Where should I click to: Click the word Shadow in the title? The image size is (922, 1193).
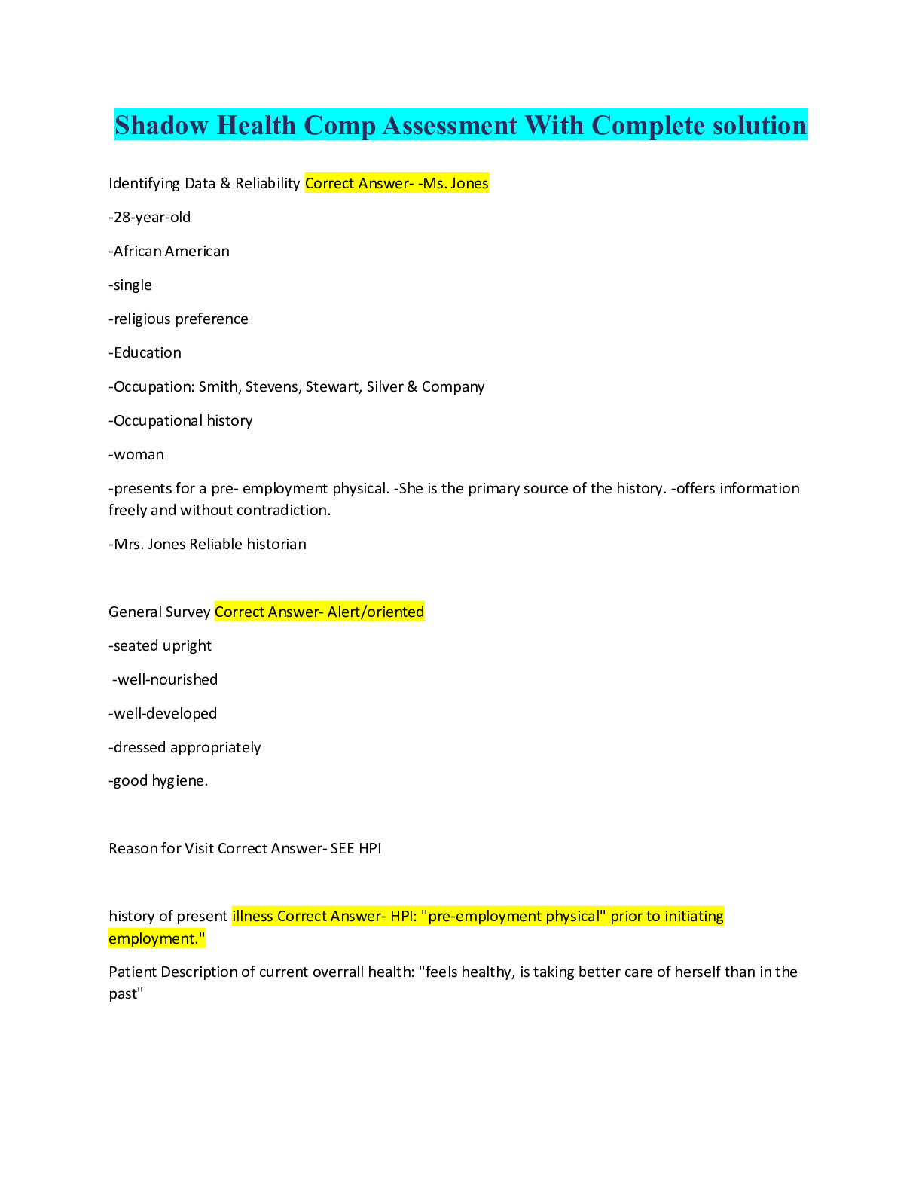point(162,125)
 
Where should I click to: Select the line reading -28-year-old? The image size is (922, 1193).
point(149,218)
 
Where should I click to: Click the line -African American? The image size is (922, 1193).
point(169,252)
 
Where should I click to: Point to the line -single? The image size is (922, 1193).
point(130,285)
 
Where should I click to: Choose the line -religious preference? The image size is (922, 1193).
point(179,319)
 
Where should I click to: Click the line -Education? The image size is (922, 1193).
point(145,353)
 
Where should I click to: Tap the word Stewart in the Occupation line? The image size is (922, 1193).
point(332,387)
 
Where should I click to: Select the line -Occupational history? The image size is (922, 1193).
point(181,421)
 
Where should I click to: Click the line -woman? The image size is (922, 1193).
point(136,455)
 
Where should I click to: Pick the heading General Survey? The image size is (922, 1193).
point(159,612)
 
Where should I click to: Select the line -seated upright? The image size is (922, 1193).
point(160,646)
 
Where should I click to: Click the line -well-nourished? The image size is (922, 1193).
point(165,680)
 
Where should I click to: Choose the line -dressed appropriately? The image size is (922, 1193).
point(185,748)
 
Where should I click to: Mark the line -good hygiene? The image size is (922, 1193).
point(158,781)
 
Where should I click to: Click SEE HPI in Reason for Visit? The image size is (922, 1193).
point(356,849)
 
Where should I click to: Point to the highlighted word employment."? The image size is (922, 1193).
point(157,939)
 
